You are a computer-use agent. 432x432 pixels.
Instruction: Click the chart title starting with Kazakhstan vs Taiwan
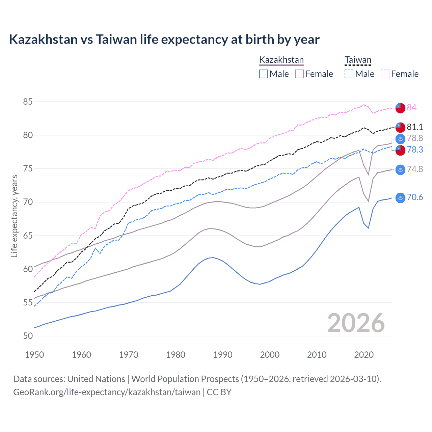tap(164, 39)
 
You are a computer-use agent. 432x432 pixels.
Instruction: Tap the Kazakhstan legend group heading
tap(281, 60)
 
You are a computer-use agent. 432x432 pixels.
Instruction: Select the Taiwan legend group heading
tap(358, 60)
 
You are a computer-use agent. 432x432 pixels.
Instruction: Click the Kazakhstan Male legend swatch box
tap(264, 74)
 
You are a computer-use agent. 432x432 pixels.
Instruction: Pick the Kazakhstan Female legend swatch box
tap(299, 74)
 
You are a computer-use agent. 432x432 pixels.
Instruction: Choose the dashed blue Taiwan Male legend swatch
tap(349, 74)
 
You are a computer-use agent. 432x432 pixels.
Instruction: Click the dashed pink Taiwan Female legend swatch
tap(385, 74)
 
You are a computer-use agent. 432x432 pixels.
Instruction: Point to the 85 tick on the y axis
tap(28, 102)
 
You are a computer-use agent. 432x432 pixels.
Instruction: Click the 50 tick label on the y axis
tap(28, 336)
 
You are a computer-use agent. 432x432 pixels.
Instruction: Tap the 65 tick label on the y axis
tap(28, 236)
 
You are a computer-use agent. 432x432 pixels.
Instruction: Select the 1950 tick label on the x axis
tap(34, 355)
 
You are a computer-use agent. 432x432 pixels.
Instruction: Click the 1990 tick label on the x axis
tap(223, 355)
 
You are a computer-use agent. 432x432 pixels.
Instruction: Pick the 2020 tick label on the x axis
tap(364, 355)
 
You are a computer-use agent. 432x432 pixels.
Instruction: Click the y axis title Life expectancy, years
tap(14, 216)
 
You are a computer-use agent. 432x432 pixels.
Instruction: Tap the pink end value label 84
tap(411, 107)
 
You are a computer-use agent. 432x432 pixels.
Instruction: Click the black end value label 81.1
tap(415, 127)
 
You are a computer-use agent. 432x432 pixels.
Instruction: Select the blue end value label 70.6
tap(415, 197)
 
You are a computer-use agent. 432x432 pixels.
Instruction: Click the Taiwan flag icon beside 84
tap(400, 108)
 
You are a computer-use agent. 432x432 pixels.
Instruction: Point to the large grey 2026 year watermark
tap(356, 323)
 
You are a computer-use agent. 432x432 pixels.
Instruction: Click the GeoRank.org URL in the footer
tap(107, 392)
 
